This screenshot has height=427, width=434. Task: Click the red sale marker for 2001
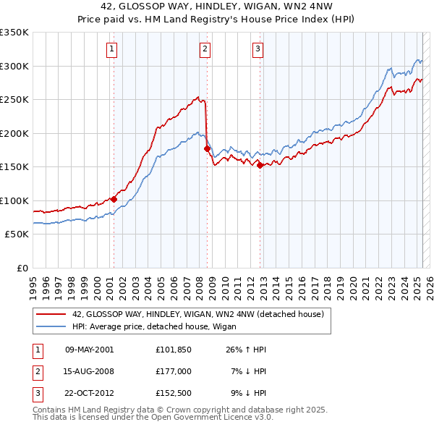(114, 199)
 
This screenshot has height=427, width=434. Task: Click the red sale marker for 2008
(207, 148)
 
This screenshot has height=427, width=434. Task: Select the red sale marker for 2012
(260, 165)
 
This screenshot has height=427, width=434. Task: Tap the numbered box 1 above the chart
(113, 49)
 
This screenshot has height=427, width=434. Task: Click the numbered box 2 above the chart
(205, 49)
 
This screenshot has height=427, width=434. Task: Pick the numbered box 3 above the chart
(258, 49)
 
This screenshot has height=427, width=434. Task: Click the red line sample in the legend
(51, 314)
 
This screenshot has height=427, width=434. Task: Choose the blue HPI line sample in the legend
(51, 326)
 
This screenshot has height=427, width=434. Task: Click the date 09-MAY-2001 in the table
(89, 350)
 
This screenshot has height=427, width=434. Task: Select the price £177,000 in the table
(173, 371)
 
